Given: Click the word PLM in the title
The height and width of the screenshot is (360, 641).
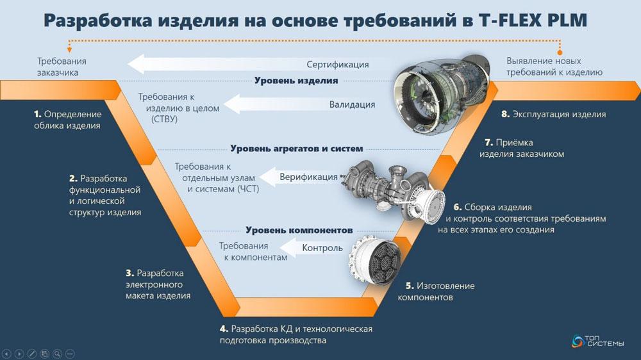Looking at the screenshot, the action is coord(566,20).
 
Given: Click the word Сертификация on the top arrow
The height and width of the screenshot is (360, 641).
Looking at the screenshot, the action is coord(338,65).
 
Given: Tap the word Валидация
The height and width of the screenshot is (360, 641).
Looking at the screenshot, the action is coord(353,104).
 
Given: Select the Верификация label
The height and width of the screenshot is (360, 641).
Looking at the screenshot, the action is coord(309,177).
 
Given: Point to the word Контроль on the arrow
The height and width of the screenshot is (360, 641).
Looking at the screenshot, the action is coord(322,248).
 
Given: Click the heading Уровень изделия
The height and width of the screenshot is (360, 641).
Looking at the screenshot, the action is coord(296,81).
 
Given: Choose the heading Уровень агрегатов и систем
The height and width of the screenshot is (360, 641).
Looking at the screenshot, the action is coord(296,149).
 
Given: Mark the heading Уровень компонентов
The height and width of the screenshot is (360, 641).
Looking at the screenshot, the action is coord(299,230).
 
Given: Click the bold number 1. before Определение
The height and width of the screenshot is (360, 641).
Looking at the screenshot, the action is coord(38,115).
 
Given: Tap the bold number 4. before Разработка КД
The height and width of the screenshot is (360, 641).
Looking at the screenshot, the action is coord(224,329).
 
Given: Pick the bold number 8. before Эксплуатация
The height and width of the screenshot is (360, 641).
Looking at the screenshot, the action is coord(506,115).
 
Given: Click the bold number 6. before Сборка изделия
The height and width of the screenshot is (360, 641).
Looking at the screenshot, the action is coord(458,207).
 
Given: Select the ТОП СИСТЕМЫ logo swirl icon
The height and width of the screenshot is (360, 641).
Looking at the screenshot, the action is coord(578,341).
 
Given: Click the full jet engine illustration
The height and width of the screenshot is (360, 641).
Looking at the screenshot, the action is coord(442,95).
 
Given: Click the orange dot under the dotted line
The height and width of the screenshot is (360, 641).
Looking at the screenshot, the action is coord(560,53).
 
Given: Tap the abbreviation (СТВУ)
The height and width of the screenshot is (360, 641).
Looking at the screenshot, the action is coord(164,119).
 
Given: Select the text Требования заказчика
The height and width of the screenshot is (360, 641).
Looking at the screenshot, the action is coord(62,67).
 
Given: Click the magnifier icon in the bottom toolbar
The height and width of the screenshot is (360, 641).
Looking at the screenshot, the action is coord(57,354).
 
